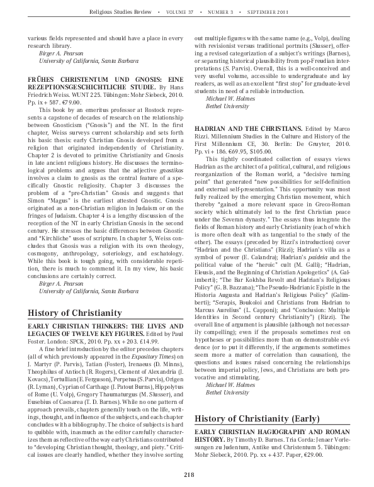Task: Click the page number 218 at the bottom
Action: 187,474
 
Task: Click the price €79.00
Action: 74,99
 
